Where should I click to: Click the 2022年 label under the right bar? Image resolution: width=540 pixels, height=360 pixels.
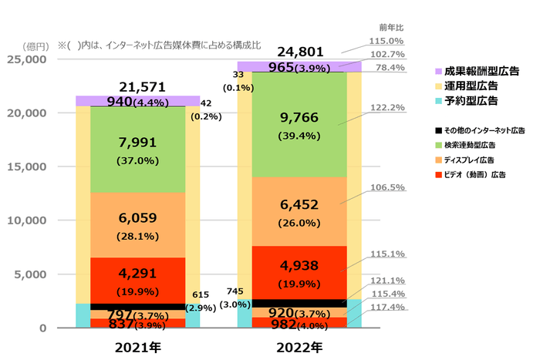(x=299, y=347)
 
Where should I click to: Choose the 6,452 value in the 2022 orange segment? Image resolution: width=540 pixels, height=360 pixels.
(x=299, y=204)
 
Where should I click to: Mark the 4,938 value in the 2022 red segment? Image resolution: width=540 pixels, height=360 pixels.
(x=299, y=267)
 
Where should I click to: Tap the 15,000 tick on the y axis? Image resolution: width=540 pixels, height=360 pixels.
(x=27, y=167)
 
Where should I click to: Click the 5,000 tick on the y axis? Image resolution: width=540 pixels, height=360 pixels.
(x=30, y=274)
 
